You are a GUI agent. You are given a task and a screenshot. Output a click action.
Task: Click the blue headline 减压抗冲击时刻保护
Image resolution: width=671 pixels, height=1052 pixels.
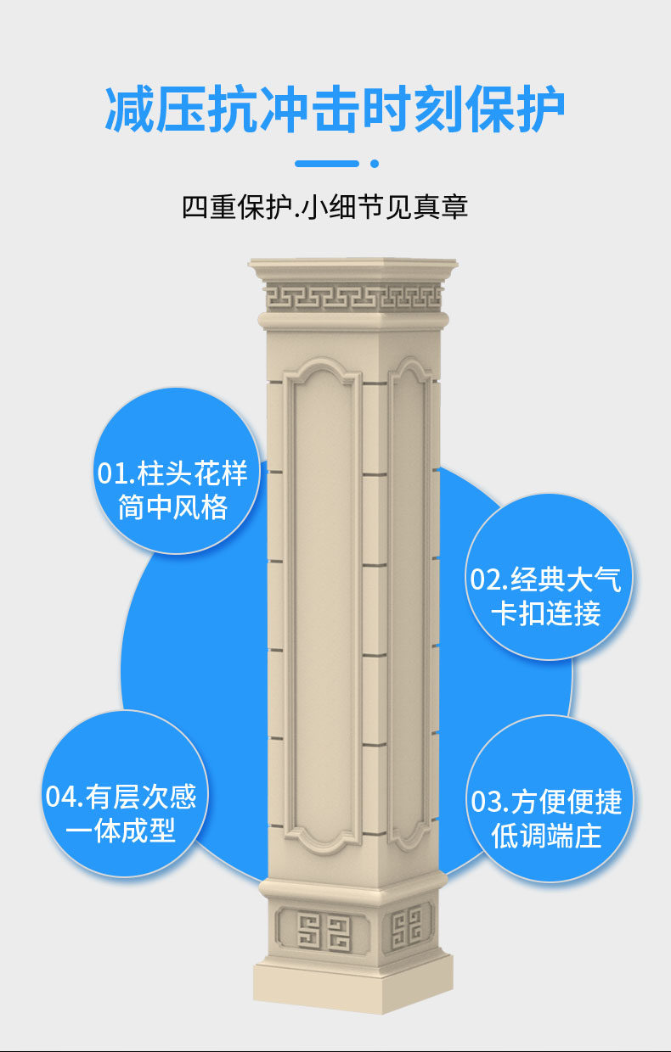coord(335,109)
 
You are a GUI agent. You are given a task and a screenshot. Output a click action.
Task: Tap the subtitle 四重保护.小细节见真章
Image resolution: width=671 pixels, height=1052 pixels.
coord(325,208)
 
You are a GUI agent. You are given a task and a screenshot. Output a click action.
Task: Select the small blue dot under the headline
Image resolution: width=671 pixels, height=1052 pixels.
coord(375,163)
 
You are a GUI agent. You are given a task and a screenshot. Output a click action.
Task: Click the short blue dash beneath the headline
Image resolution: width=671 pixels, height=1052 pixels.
coord(327,163)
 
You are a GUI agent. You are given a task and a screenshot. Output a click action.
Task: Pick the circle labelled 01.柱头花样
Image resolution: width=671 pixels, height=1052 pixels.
coord(174,472)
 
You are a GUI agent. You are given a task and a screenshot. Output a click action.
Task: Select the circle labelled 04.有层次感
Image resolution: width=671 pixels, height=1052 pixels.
coord(124,793)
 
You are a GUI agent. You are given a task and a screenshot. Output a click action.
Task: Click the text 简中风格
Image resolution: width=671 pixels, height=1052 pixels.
coord(173,507)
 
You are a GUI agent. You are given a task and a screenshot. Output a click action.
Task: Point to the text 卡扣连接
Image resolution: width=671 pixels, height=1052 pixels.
coord(546,613)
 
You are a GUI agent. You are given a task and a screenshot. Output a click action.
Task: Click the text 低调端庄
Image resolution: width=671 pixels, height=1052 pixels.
coord(546,836)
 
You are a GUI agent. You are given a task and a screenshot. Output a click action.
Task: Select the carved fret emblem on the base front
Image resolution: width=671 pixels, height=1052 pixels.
coord(324,932)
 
